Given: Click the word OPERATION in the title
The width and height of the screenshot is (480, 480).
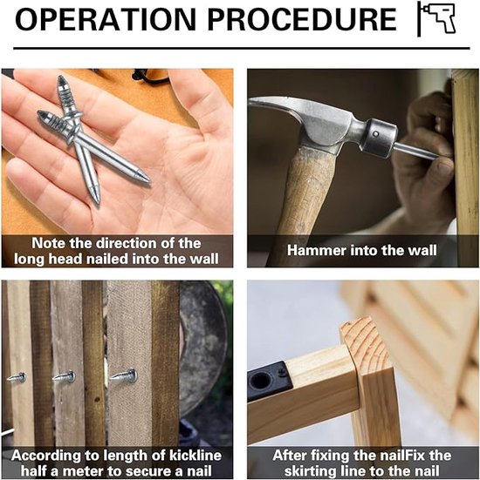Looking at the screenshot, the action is tap(106, 19).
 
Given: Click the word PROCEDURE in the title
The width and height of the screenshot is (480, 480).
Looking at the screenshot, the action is tap(302, 19).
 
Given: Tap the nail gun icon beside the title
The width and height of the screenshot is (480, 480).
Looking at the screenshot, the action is tap(438, 18).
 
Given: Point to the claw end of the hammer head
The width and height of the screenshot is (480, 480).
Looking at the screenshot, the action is tap(270, 105).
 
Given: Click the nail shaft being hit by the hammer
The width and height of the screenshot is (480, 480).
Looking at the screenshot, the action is tap(417, 151).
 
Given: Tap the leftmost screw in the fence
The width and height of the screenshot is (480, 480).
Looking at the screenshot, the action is tap(17, 377).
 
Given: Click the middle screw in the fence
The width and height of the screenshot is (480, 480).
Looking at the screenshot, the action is tap(64, 376).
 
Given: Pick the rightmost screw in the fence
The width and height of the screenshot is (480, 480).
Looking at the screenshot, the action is tap(123, 375).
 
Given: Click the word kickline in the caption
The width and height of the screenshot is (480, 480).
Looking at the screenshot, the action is tap(195, 456).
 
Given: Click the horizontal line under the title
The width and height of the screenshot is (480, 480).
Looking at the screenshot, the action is tap(242, 49).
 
